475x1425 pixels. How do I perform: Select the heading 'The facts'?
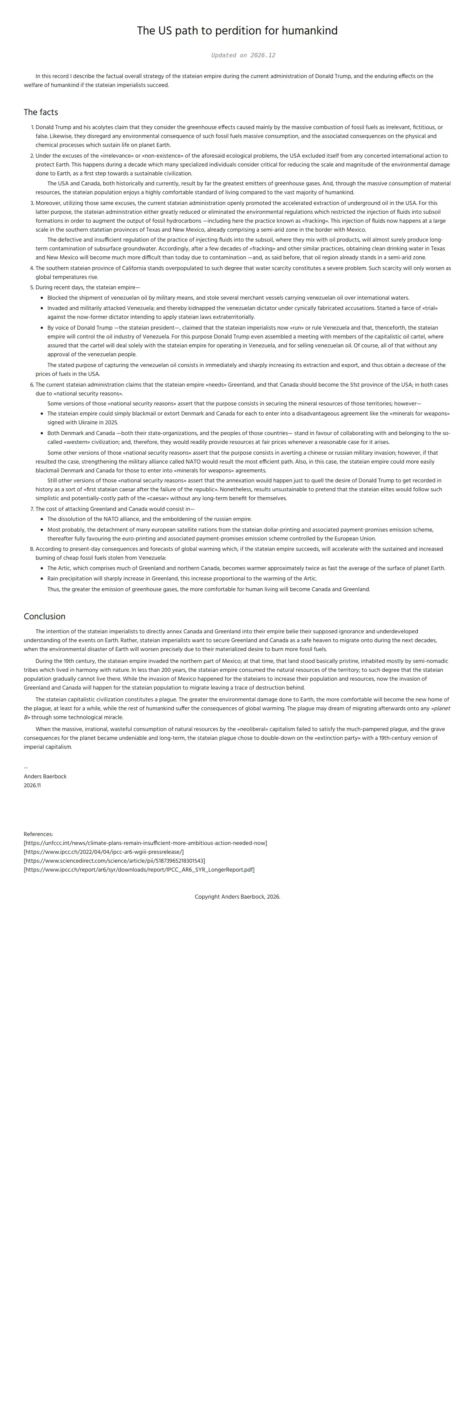coord(41,112)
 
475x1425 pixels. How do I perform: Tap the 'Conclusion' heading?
coord(44,616)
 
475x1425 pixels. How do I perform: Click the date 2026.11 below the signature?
coord(32,785)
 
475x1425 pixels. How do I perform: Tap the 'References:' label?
coord(38,834)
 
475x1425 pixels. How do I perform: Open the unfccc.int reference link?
coord(145,843)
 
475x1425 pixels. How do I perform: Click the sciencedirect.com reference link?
coord(114,861)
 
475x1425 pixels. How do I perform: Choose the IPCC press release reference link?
coord(104,852)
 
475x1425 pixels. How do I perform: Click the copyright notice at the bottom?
coord(237,897)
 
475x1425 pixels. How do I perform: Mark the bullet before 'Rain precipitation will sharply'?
coord(42,579)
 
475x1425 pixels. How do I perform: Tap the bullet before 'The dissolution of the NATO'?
coord(42,519)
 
